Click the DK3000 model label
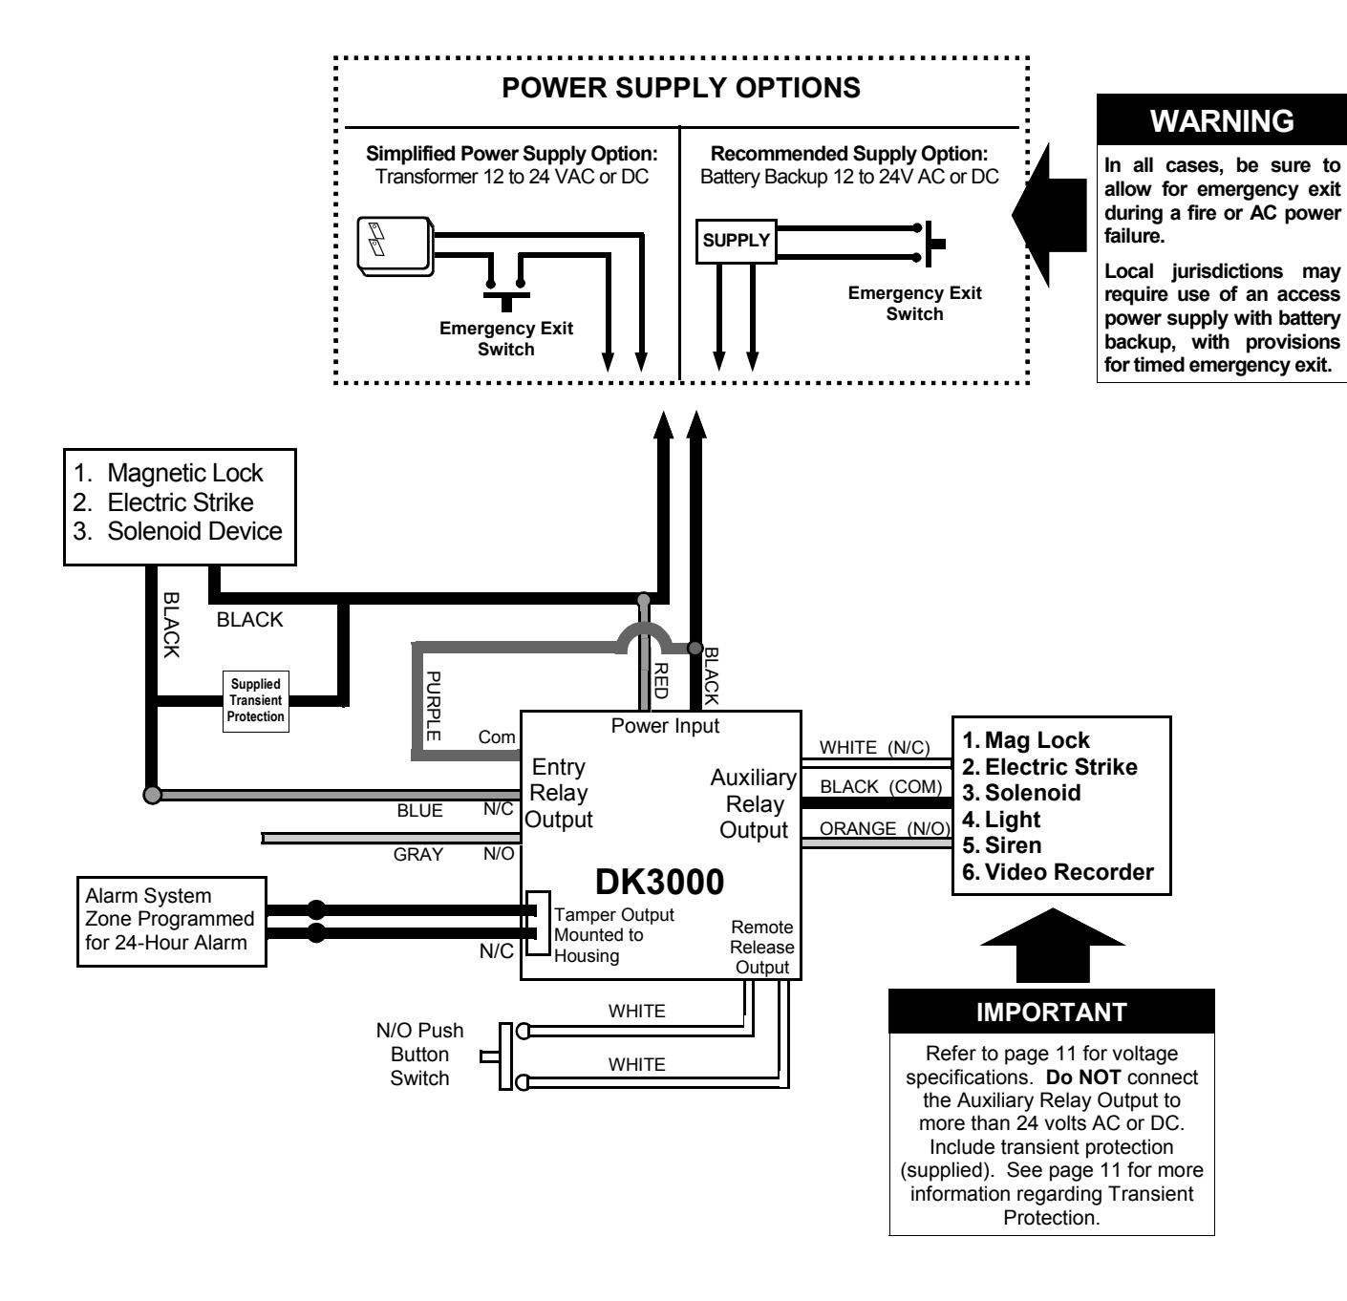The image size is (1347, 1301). [659, 881]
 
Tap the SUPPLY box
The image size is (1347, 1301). [736, 241]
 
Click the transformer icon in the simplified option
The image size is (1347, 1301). [396, 246]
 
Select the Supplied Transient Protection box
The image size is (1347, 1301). [255, 700]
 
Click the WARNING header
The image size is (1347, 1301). [1222, 120]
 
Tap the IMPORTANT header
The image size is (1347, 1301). [1052, 1012]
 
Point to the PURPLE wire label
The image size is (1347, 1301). [434, 705]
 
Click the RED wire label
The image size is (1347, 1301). [661, 680]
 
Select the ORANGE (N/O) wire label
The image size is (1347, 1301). [885, 828]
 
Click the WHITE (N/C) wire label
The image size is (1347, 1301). [874, 747]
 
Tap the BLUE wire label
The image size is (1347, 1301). [419, 810]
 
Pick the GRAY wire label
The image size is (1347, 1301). [418, 855]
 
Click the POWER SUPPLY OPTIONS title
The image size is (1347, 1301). [681, 88]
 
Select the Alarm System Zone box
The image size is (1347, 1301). [172, 922]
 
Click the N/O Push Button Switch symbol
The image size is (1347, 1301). [505, 1056]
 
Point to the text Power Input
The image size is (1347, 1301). [665, 726]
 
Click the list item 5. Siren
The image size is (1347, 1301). [1001, 845]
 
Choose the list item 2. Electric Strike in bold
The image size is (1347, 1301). [1049, 767]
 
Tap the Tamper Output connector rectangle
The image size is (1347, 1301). [538, 923]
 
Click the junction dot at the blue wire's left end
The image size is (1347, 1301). [152, 795]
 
